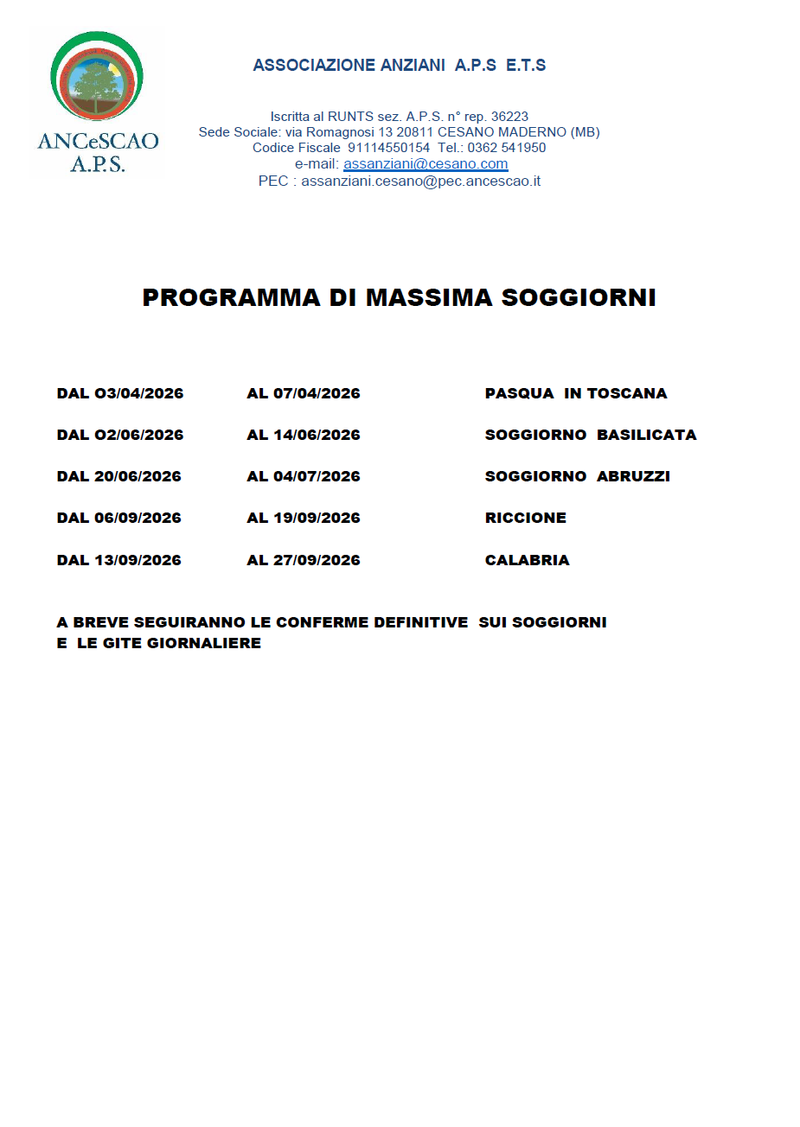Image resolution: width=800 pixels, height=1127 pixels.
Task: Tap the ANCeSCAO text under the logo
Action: [x=98, y=141]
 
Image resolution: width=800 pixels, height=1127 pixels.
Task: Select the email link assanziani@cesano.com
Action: [x=426, y=164]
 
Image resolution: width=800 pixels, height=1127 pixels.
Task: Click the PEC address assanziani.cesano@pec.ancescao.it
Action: [x=420, y=181]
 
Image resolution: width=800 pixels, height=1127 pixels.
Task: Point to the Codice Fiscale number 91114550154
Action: [x=388, y=148]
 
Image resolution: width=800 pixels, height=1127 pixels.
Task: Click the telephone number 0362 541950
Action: [x=507, y=148]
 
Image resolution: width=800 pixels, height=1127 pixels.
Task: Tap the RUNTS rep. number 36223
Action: [x=509, y=117]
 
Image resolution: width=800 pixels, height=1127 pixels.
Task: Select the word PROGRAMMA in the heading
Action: [x=231, y=297]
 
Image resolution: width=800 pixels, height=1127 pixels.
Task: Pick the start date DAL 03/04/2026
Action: [x=120, y=393]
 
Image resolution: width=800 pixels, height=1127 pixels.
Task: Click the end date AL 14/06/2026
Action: [x=304, y=435]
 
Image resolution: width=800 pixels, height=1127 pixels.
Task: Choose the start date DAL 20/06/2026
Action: [x=119, y=476]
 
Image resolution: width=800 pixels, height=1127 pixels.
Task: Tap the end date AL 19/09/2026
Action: [x=304, y=518]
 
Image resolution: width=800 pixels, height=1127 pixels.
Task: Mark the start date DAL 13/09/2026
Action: [x=119, y=560]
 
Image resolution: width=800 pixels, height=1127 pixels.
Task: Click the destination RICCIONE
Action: [x=526, y=518]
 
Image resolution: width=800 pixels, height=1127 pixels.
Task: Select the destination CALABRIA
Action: [x=528, y=560]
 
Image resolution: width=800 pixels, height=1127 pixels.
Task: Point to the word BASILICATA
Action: [x=647, y=435]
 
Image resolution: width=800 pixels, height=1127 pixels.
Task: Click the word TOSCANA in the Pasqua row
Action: [x=627, y=393]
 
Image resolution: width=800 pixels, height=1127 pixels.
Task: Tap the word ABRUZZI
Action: [x=634, y=476]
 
